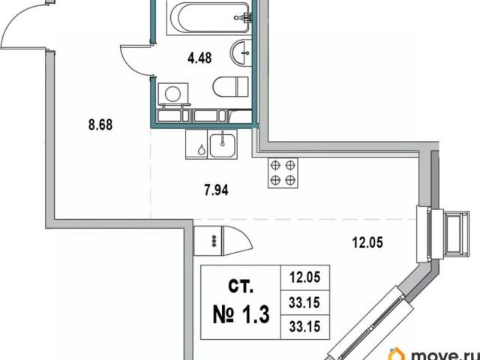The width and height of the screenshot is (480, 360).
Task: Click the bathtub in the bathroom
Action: [x=209, y=17]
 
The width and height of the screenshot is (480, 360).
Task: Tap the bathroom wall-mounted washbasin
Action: [x=241, y=52]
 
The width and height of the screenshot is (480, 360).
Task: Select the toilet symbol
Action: [x=230, y=86]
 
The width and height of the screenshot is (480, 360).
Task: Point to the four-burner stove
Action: [x=283, y=173]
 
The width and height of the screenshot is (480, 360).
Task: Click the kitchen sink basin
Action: [x=223, y=145]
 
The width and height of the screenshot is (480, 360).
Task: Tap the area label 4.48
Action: [x=199, y=58]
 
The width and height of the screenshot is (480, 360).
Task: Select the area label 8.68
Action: [x=100, y=125]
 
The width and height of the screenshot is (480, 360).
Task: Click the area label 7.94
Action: [x=217, y=190]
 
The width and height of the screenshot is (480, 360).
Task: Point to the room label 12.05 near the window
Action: [x=367, y=243]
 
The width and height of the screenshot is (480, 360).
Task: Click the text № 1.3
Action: [x=241, y=315]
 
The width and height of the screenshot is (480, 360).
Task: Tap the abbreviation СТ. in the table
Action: [x=241, y=286]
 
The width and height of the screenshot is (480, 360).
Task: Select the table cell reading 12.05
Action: [x=305, y=277]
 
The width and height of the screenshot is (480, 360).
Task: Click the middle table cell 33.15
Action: [x=305, y=303]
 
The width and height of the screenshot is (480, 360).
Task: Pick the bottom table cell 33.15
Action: [x=305, y=327]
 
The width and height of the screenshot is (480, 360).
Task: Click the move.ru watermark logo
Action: [x=434, y=354]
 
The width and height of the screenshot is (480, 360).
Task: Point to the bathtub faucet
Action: [x=243, y=17]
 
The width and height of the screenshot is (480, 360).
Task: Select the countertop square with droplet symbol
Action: [x=196, y=145]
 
